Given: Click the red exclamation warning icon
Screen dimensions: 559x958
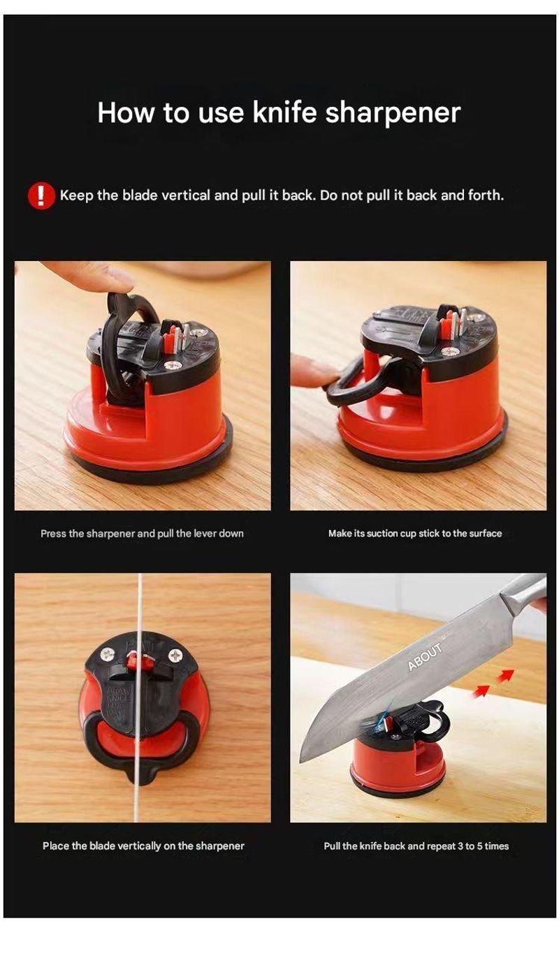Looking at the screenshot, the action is tap(41, 196).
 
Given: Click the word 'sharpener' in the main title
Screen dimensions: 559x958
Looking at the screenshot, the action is tap(393, 113).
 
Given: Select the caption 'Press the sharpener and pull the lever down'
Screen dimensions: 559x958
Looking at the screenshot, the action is tap(142, 533).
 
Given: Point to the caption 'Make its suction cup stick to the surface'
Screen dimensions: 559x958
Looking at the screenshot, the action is tap(415, 533).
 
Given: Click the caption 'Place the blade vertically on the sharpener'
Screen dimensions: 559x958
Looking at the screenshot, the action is tap(143, 846).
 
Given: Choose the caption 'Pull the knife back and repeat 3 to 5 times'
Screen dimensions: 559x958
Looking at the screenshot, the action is tap(416, 846).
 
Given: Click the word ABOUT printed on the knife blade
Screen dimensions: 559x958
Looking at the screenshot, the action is tap(425, 656).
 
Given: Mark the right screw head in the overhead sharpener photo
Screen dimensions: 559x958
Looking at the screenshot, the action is tap(175, 655).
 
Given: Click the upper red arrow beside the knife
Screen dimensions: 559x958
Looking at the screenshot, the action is tap(506, 675).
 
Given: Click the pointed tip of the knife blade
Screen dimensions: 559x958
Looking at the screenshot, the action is tap(302, 762).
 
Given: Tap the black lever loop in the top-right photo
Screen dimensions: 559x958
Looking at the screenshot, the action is tap(357, 385).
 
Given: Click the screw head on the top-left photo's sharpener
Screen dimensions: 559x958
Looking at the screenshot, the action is tap(174, 366).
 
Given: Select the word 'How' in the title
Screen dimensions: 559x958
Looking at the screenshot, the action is tap(126, 112).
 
